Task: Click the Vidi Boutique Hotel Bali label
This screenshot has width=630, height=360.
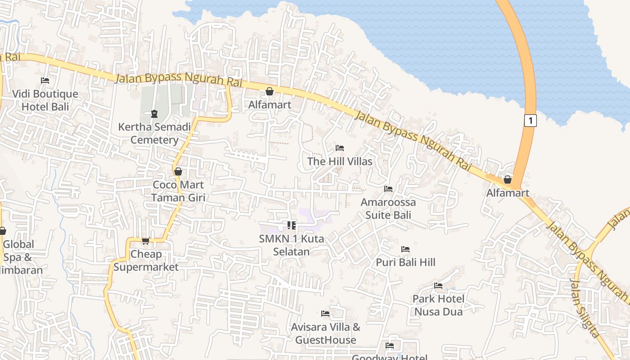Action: coord(45,100)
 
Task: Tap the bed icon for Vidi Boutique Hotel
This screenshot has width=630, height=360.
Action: coord(45,81)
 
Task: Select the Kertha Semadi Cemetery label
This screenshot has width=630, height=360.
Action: coord(154,133)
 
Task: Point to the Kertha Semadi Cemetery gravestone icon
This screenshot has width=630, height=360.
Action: coord(154,113)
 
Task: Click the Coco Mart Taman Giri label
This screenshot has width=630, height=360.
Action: coord(178,191)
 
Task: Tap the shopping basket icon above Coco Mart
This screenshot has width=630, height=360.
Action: coord(178,171)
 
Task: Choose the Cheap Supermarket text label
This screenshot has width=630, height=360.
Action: coord(146,261)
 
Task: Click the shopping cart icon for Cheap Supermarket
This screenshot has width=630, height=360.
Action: coord(145,241)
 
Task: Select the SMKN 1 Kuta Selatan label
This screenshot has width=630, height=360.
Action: coord(291,245)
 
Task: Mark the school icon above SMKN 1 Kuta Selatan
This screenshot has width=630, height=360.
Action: coord(291,225)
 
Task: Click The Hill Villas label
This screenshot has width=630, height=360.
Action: coord(340,161)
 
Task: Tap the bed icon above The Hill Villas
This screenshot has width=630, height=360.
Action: coord(340,148)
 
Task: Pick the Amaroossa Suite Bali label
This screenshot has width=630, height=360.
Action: coord(388,208)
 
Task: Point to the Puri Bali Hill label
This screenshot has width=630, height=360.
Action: coord(405,262)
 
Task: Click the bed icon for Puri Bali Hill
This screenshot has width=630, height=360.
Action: coord(405,249)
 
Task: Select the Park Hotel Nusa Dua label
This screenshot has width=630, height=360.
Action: coord(439,305)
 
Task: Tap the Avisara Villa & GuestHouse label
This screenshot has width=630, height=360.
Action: coord(325,333)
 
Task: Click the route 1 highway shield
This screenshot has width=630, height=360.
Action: coord(531,121)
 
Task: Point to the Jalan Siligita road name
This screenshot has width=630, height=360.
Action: coord(585,308)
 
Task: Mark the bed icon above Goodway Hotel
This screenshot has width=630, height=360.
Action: coord(390,346)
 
